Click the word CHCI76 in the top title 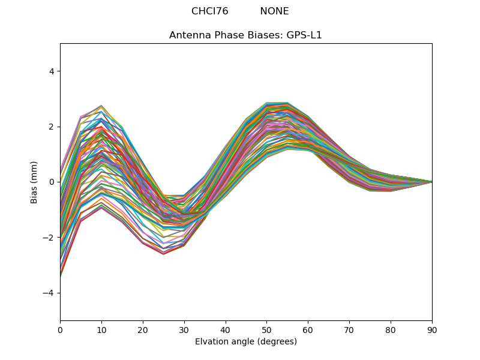(x=209, y=11)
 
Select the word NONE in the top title (x=274, y=11)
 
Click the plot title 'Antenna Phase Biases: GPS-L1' (x=245, y=35)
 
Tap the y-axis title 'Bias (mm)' (x=34, y=182)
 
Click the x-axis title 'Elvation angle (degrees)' (x=245, y=341)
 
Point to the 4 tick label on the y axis (x=51, y=71)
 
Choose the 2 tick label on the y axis (x=51, y=127)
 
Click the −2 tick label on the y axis (x=49, y=238)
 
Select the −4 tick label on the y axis (x=49, y=293)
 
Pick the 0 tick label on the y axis (x=51, y=182)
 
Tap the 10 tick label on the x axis (x=101, y=329)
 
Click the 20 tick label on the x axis (x=143, y=329)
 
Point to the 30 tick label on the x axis (x=184, y=329)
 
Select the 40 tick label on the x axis (x=226, y=329)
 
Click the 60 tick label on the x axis (x=308, y=329)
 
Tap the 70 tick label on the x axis (x=349, y=329)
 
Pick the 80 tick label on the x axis (x=391, y=329)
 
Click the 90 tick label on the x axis (x=432, y=329)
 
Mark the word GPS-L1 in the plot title (x=303, y=35)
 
